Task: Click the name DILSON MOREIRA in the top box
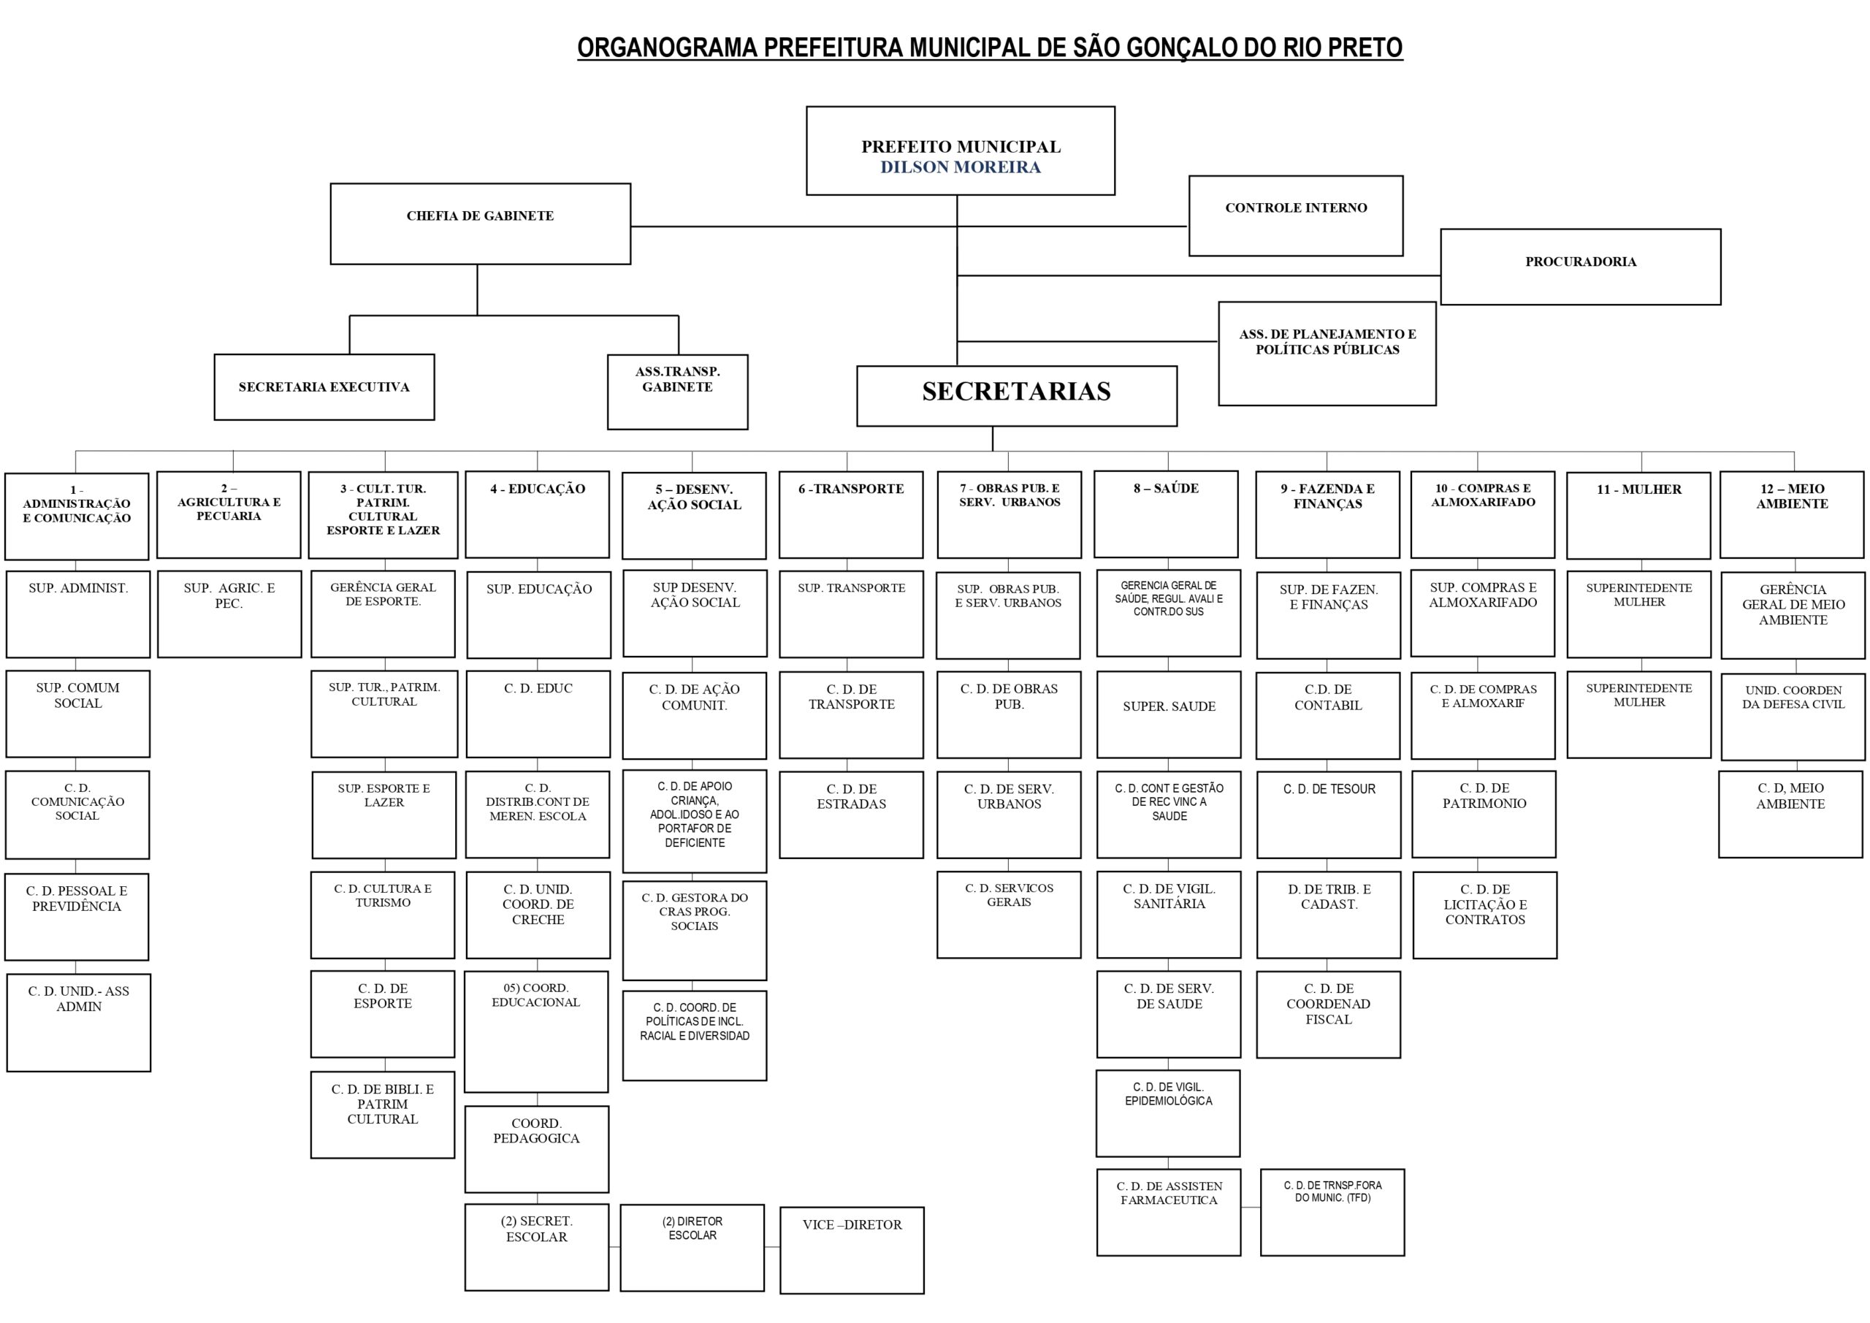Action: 961,167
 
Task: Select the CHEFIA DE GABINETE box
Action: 480,224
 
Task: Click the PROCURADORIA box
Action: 1580,267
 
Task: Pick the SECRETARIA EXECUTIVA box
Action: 324,387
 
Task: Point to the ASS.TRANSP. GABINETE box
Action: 677,391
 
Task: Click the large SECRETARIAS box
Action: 1016,396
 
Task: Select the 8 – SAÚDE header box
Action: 1166,514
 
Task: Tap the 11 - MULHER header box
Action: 1638,515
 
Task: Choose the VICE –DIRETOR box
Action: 851,1250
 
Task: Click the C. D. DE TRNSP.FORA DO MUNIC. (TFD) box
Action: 1332,1211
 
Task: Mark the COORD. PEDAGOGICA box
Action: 536,1148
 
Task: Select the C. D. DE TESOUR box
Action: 1329,815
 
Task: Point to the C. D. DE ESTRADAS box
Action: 851,815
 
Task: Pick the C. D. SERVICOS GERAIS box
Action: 1008,914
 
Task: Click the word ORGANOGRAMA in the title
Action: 667,48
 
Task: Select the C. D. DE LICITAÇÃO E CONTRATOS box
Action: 1484,915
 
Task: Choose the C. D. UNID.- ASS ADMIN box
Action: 78,1021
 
